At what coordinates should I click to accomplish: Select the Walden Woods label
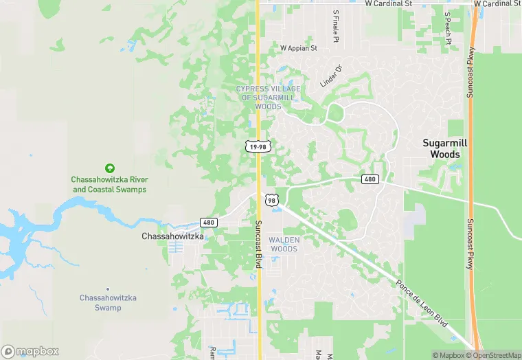coord(284,244)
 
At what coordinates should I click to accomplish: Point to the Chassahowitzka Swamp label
coord(108,302)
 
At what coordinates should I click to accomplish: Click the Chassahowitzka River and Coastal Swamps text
coord(109,184)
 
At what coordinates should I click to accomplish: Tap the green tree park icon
coord(109,168)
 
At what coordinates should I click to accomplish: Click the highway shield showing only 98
coord(272,200)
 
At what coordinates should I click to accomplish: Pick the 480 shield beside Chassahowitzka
coord(209,222)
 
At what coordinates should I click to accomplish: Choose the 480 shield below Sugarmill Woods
coord(370,179)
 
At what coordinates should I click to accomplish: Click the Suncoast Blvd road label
coord(259,244)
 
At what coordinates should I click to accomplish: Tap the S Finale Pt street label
coord(336,26)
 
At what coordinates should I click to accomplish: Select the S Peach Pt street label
coord(447,27)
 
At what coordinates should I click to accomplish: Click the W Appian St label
coord(299,49)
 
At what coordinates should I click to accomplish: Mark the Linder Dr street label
coord(330,76)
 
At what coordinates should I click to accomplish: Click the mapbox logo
coord(30,351)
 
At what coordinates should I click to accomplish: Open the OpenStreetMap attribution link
coord(493,355)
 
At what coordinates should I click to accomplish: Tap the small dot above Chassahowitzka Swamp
coord(108,289)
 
